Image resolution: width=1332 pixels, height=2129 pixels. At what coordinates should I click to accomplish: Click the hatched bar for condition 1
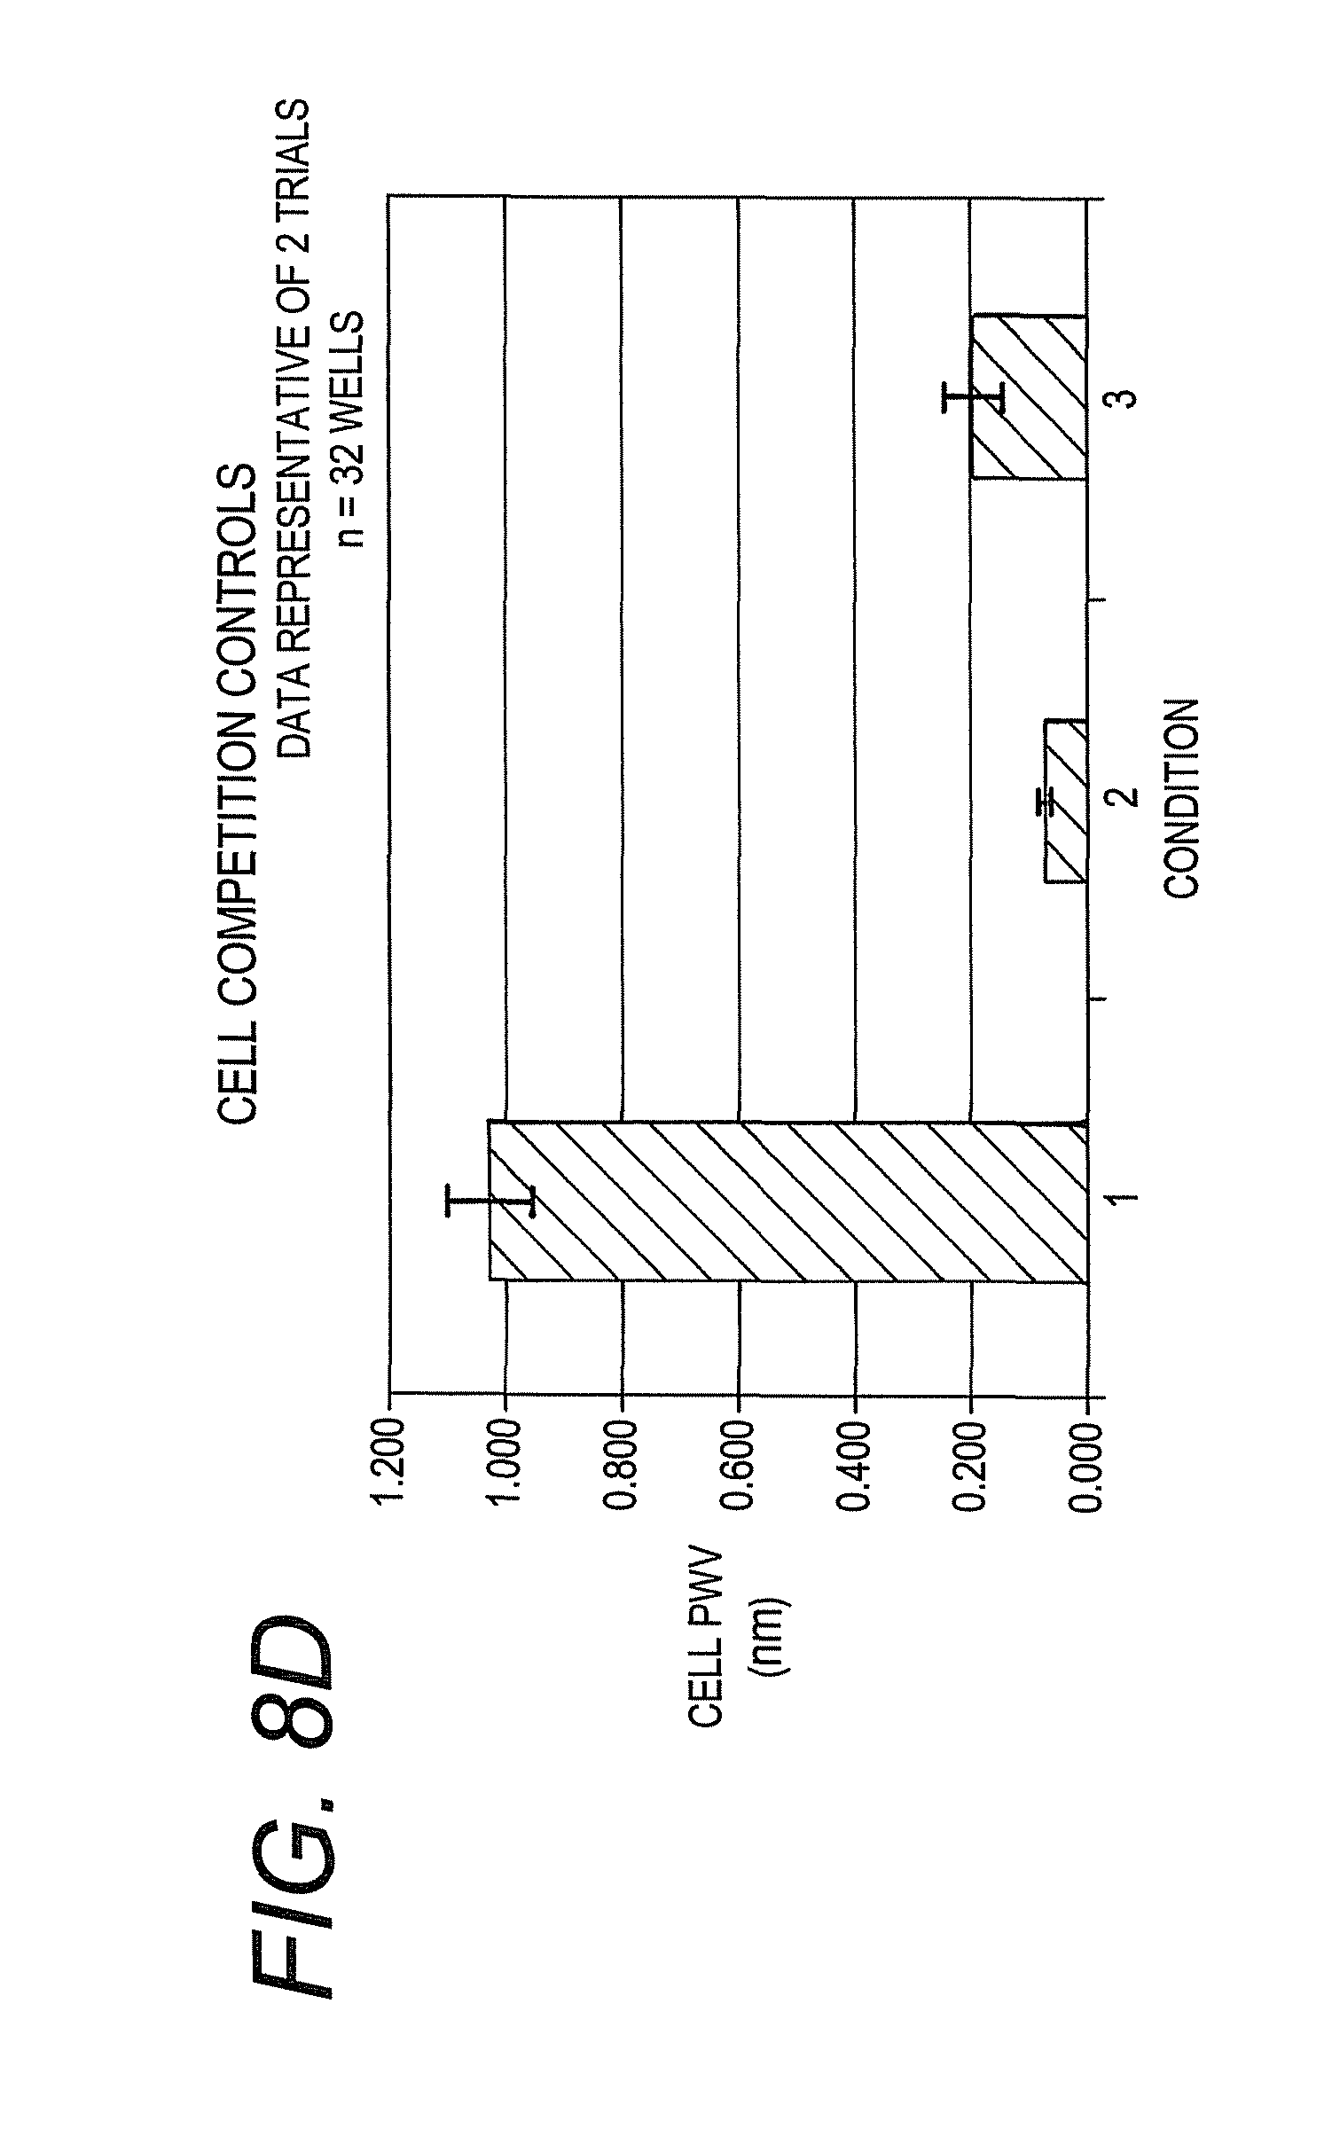point(787,1201)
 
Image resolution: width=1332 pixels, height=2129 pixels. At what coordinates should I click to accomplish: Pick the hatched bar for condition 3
point(1029,396)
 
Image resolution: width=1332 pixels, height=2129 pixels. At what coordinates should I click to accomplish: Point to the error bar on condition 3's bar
point(973,396)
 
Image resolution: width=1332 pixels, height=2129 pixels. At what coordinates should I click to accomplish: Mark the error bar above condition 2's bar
point(1046,801)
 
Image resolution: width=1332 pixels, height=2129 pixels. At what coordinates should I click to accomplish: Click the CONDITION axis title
point(1181,798)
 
